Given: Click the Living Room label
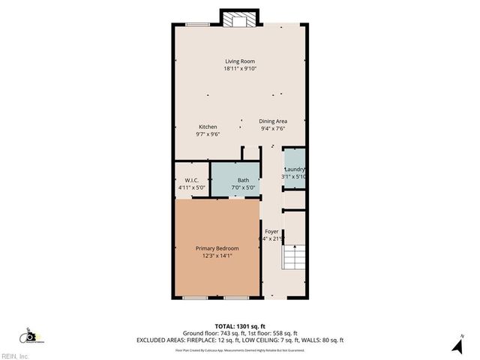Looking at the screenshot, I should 240,61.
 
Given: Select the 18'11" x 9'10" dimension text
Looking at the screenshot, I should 240,69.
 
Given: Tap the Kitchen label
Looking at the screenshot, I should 208,127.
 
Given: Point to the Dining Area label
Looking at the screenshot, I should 273,121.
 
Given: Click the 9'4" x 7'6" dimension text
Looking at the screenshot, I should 273,128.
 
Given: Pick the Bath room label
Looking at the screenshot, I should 244,180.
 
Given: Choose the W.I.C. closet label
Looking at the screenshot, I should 191,180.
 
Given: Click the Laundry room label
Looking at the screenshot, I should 293,169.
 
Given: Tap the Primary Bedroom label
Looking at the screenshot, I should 217,248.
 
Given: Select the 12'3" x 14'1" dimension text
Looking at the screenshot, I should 217,256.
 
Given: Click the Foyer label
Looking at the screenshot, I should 271,231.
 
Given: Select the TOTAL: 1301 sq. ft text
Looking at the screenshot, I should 240,326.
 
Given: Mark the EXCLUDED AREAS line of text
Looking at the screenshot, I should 240,340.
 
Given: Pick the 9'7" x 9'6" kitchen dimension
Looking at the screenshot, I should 208,134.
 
